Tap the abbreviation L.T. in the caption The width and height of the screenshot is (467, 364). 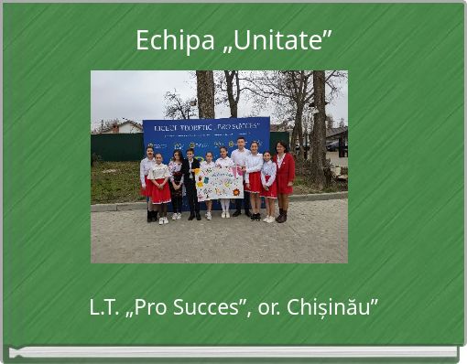click(x=105, y=307)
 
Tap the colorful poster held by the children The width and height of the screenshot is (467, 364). click(x=218, y=182)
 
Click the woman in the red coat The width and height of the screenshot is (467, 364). click(x=284, y=177)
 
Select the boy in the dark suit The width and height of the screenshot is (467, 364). click(x=192, y=182)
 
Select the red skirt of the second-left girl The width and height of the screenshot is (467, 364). click(x=161, y=192)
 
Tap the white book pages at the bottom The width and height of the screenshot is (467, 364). click(x=233, y=351)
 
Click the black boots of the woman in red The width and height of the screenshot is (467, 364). click(x=282, y=216)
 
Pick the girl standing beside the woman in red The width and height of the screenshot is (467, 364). click(x=268, y=183)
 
